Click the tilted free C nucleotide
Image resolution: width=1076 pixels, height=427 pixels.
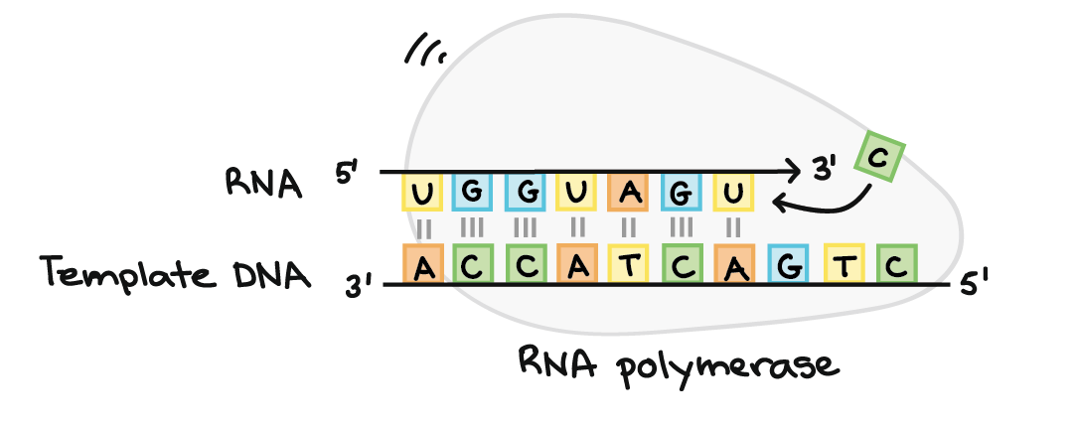pyautogui.click(x=877, y=157)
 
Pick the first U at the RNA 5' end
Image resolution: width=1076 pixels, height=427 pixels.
pyautogui.click(x=422, y=193)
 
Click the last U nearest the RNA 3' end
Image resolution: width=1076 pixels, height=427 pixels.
pyautogui.click(x=732, y=193)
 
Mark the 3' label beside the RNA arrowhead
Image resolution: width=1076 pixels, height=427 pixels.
pyautogui.click(x=824, y=173)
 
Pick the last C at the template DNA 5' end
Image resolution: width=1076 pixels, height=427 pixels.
pyautogui.click(x=895, y=265)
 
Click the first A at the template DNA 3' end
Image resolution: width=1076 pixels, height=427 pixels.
pyautogui.click(x=424, y=265)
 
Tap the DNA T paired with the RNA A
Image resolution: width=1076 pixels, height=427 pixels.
pyautogui.click(x=631, y=265)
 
